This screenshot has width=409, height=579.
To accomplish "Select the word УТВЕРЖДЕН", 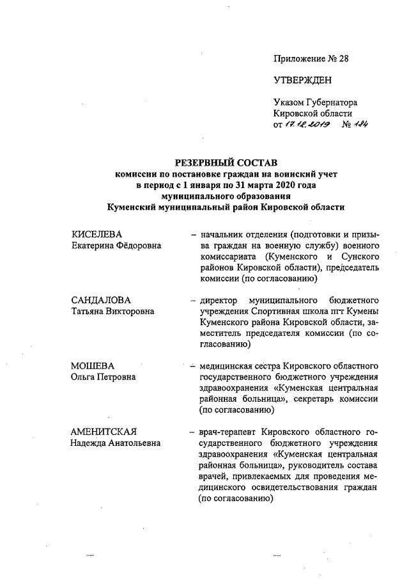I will pyautogui.click(x=303, y=80).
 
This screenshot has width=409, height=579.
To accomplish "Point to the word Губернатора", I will pyautogui.click(x=330, y=102).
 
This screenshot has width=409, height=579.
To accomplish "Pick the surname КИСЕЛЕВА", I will pyautogui.click(x=96, y=234).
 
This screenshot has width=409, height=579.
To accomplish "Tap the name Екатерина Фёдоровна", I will pyautogui.click(x=116, y=245).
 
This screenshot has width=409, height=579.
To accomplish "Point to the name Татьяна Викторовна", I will pyautogui.click(x=112, y=311).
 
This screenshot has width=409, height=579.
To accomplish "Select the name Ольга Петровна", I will pyautogui.click(x=103, y=377).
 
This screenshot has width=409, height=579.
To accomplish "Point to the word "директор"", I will pyautogui.click(x=219, y=300).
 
